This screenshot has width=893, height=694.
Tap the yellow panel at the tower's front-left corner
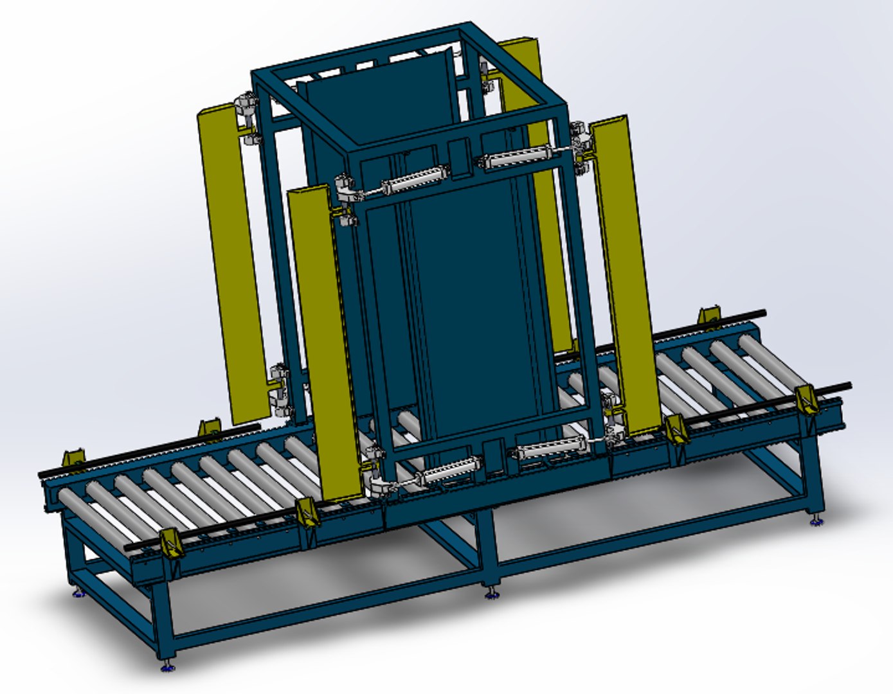coord(323,341)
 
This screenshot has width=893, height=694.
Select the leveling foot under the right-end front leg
coord(815,519)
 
